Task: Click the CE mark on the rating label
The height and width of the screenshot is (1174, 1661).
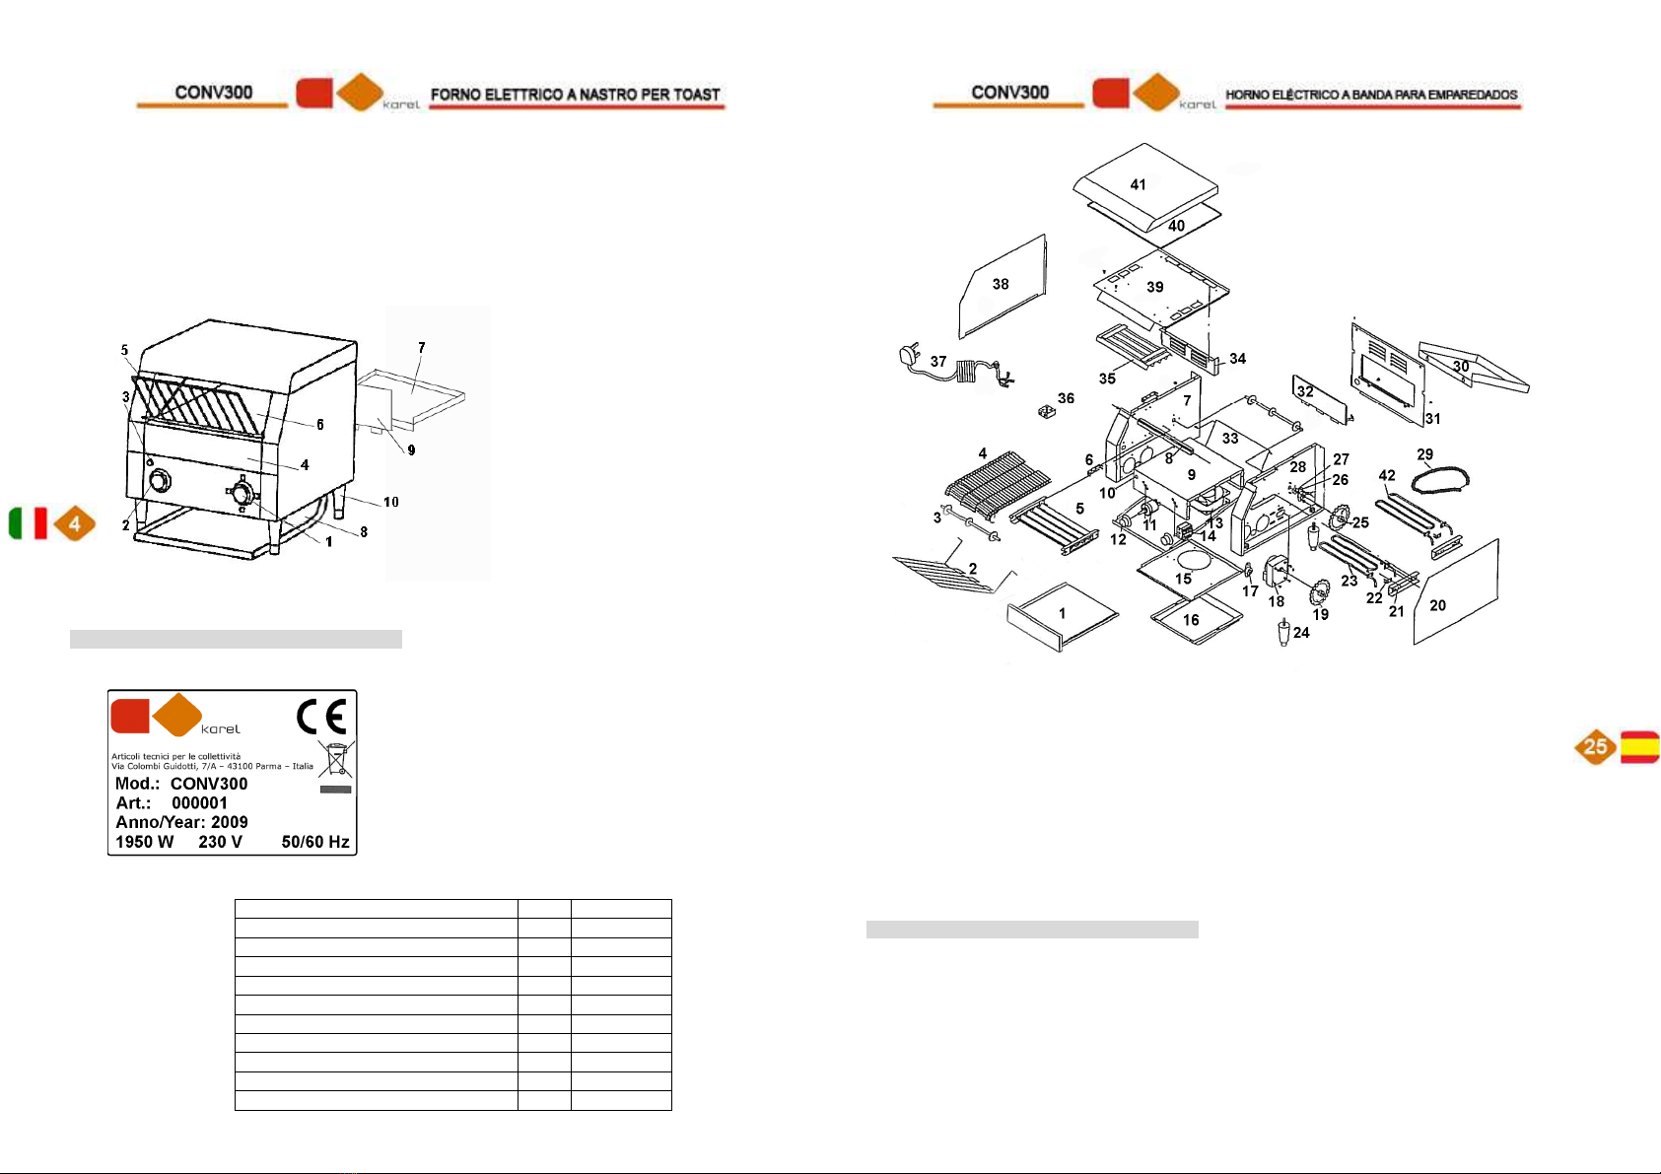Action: [321, 718]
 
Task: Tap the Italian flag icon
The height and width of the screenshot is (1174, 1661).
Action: [28, 523]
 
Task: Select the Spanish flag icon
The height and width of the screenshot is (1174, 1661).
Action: [1639, 747]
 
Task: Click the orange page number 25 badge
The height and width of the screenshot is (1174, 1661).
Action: [1595, 747]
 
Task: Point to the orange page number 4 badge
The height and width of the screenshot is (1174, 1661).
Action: [74, 523]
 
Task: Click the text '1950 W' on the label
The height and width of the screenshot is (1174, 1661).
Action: [144, 842]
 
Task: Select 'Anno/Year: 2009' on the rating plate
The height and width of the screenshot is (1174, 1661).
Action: [181, 822]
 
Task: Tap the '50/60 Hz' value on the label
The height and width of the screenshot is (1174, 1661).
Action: [315, 842]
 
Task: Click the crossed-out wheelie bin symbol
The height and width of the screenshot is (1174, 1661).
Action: [336, 760]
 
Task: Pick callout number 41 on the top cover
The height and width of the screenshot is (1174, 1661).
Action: [1139, 184]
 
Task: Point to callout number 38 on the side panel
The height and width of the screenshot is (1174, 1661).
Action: [1001, 284]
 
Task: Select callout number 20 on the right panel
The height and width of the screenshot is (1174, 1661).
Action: [1438, 605]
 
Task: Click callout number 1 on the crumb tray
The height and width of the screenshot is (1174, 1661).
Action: [1062, 613]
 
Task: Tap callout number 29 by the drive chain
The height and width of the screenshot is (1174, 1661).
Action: [1425, 454]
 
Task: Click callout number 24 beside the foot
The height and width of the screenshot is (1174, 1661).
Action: [1301, 633]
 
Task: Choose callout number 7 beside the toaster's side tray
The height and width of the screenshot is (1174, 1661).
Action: [422, 347]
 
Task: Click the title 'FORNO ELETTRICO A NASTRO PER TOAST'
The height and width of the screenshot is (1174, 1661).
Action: [576, 95]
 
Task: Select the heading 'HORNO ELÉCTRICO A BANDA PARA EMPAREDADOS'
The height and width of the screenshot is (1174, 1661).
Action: [1371, 95]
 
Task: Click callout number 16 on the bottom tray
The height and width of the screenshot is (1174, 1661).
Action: [1191, 620]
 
